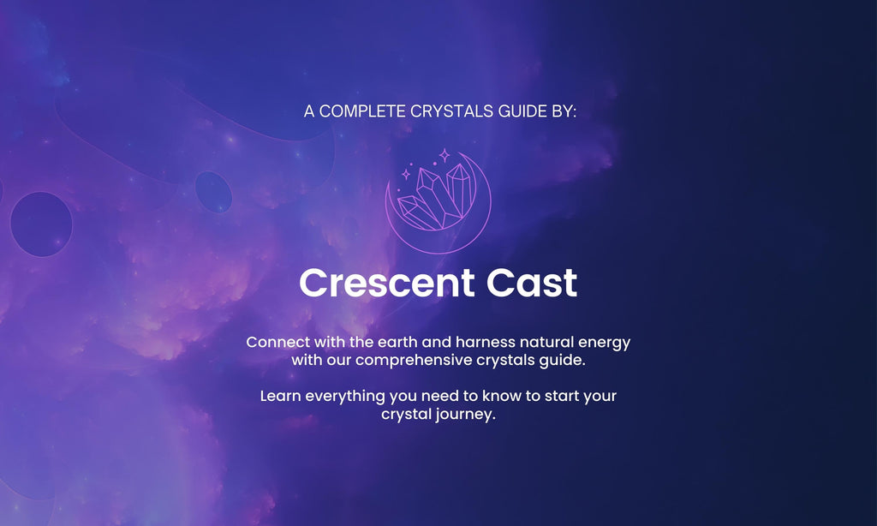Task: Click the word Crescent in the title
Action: click(387, 283)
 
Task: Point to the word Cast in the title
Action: click(531, 283)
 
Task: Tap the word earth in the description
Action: click(397, 342)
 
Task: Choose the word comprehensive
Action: click(414, 361)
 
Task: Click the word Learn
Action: click(280, 396)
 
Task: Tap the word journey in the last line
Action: click(467, 415)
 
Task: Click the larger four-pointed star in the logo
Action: click(444, 155)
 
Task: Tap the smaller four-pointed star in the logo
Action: click(406, 175)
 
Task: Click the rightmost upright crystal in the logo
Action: click(460, 190)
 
